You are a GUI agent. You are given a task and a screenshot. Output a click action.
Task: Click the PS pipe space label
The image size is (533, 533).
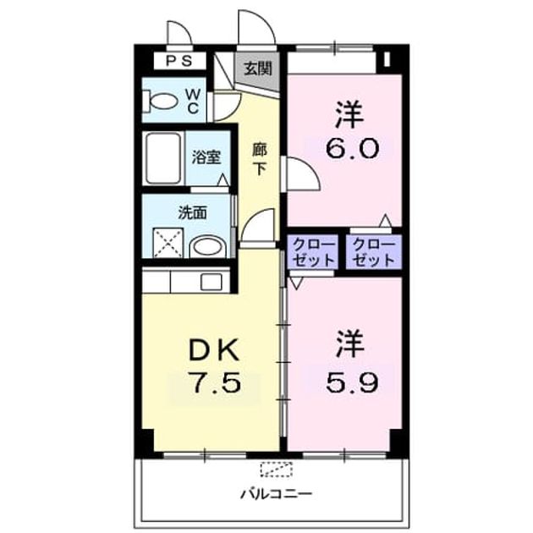(179, 61)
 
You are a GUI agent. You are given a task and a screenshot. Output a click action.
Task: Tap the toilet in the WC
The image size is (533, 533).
(160, 102)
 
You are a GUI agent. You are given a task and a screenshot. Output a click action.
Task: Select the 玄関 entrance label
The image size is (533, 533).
(258, 69)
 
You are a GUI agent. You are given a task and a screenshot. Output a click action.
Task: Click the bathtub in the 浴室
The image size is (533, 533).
(163, 158)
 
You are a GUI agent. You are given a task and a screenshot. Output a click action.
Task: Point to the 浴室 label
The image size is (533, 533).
(206, 157)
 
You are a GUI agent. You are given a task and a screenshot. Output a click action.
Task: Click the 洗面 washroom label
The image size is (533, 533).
(193, 213)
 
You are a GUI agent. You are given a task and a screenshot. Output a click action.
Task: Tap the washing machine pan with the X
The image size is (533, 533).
(168, 243)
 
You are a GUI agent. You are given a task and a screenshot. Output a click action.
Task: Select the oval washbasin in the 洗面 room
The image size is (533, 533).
(207, 246)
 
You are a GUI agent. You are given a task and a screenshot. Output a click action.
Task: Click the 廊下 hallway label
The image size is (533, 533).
(260, 159)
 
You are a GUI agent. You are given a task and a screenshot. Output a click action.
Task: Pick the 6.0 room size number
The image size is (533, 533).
(352, 149)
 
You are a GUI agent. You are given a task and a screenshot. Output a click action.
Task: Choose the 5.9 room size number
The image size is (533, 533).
(352, 383)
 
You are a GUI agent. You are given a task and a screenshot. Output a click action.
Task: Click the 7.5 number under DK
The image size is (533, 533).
(217, 382)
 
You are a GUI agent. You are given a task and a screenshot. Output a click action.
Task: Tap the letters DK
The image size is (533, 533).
(214, 350)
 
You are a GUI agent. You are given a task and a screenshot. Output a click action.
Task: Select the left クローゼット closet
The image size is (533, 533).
(313, 252)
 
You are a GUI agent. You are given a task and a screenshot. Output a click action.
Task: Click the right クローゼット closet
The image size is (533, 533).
(373, 252)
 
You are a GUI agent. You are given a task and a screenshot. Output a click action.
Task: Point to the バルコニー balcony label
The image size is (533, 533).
(277, 494)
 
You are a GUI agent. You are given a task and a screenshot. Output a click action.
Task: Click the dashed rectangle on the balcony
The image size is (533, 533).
(277, 469)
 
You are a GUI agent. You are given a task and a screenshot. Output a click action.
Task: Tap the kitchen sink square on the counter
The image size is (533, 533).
(212, 282)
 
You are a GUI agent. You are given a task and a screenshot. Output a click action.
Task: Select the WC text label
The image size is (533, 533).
(193, 101)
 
